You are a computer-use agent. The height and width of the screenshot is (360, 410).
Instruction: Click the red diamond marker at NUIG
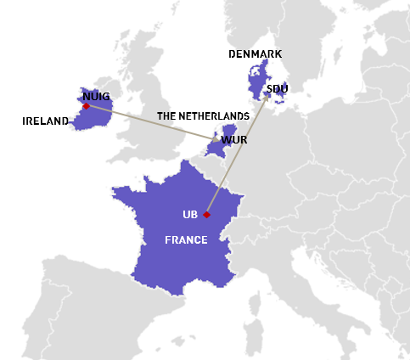(86, 106)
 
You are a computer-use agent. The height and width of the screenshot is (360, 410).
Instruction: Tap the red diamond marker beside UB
(206, 214)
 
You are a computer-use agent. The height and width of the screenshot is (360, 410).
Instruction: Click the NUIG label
(97, 96)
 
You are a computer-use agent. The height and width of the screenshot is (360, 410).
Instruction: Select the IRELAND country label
(45, 121)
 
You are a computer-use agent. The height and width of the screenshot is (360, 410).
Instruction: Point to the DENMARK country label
(256, 54)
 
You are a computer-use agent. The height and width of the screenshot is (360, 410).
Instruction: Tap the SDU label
(277, 88)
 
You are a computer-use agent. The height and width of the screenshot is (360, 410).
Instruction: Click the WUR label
(233, 139)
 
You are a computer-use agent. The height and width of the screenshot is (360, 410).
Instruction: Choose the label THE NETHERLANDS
(203, 115)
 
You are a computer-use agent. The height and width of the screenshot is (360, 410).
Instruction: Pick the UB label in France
(190, 214)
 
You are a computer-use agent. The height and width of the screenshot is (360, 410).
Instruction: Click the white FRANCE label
(186, 240)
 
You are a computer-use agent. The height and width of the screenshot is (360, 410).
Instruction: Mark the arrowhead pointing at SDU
(268, 94)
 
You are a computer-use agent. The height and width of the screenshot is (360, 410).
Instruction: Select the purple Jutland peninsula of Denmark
(257, 78)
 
